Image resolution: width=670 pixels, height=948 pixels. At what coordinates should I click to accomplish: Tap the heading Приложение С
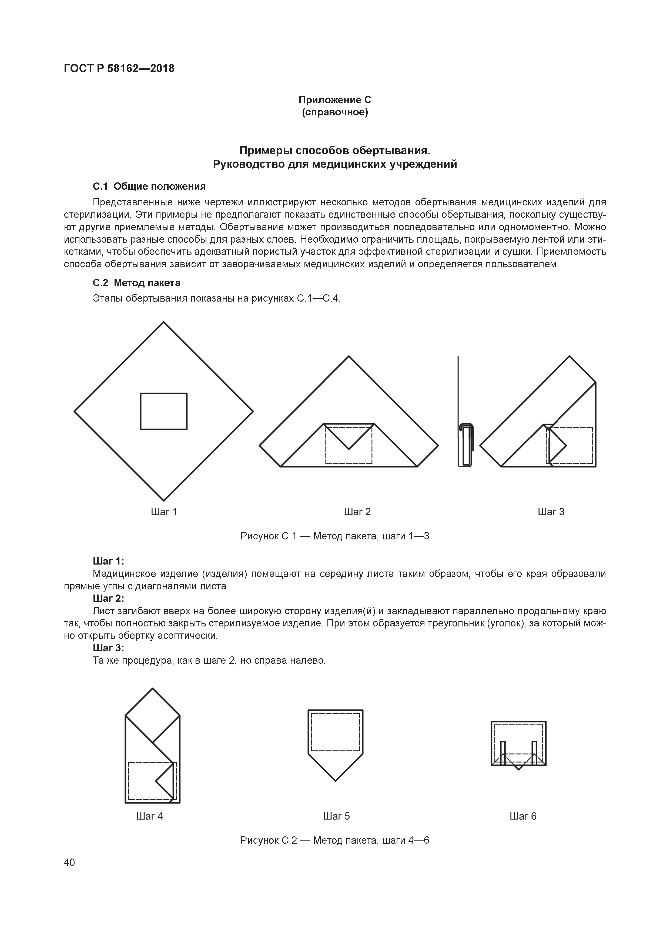335,100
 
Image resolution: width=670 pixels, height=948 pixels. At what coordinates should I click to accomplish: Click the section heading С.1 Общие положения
149,187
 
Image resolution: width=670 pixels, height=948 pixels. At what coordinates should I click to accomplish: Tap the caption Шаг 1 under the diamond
164,512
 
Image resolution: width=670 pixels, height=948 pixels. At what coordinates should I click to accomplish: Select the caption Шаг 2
357,512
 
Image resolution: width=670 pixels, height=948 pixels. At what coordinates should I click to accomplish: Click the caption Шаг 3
551,512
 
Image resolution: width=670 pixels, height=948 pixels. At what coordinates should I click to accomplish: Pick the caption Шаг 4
149,816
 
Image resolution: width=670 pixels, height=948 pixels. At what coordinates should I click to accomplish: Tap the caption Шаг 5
336,816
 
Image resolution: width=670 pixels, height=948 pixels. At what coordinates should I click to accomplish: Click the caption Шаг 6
522,816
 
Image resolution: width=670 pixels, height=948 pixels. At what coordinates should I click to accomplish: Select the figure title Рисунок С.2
335,841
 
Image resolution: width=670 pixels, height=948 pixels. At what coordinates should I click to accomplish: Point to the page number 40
69,863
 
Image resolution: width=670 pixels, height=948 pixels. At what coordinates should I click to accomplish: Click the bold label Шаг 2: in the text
108,599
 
